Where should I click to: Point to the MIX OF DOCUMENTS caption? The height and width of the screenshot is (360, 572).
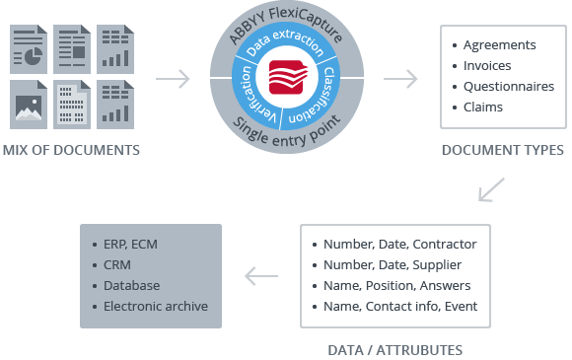tap(71, 151)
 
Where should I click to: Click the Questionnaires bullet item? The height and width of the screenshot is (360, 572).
tap(508, 87)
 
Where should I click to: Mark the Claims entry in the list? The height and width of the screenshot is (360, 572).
tap(483, 108)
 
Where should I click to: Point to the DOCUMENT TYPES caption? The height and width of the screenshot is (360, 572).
tap(502, 151)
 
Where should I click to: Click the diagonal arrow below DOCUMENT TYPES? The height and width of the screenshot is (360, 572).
tap(490, 189)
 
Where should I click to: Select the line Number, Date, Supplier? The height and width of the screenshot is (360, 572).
tap(393, 264)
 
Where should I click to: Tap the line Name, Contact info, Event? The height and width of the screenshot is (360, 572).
tap(399, 306)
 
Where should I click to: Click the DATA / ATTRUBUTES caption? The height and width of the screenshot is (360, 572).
tap(394, 349)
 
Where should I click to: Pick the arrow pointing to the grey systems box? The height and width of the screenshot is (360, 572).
tap(260, 276)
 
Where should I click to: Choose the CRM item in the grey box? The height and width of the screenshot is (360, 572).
tap(117, 264)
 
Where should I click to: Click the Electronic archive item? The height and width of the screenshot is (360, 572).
tap(156, 306)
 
